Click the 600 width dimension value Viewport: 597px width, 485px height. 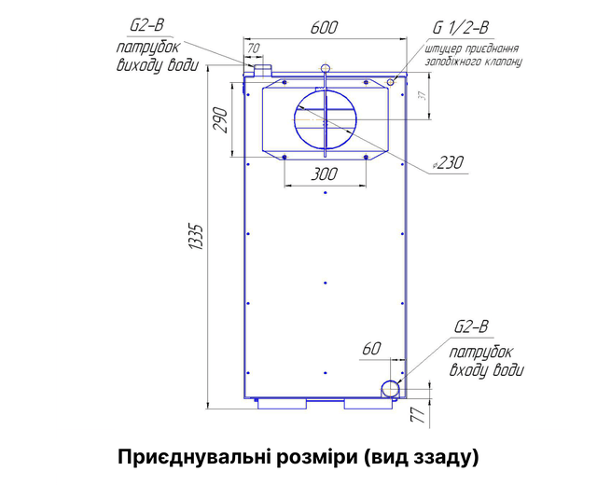coord(324,27)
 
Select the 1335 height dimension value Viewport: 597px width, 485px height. coord(197,237)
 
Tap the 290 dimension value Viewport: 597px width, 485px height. coord(220,120)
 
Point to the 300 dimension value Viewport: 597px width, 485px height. coord(325,174)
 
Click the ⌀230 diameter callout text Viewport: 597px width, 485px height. coord(449,162)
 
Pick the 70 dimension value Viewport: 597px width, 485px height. coord(253,48)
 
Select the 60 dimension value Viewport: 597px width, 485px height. coord(371,348)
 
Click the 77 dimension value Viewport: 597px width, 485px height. coord(418,414)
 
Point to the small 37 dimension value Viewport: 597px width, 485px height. coord(422,95)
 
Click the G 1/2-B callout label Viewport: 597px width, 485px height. coord(461,28)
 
